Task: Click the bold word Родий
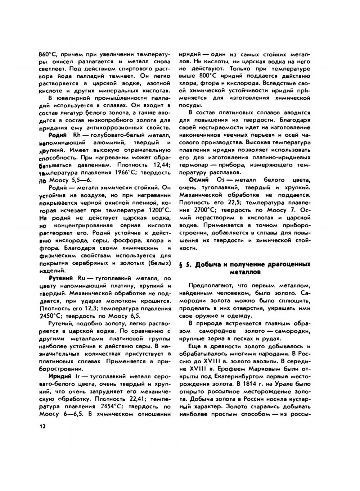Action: pos(57,135)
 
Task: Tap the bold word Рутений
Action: pos(60,278)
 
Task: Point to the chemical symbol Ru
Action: pos(82,278)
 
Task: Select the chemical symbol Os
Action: pos(221,180)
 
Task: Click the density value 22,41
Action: pos(128,399)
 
